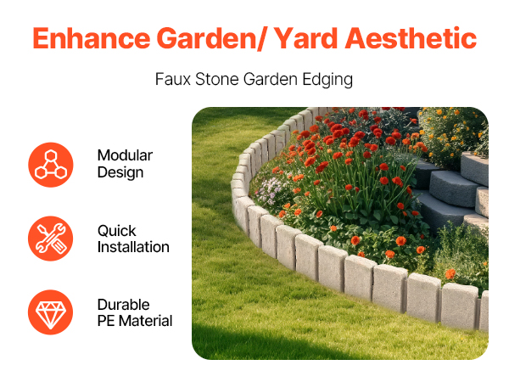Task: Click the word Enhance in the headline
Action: (x=92, y=38)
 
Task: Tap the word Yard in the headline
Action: (x=305, y=38)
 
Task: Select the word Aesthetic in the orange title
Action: (x=411, y=38)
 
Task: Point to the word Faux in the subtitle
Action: (x=173, y=79)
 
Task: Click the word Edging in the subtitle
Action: (x=327, y=80)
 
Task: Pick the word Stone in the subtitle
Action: (x=217, y=79)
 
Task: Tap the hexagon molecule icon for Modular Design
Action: (x=51, y=165)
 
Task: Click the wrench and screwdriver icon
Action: (x=51, y=239)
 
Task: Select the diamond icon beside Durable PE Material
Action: (x=51, y=312)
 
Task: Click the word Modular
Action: (x=125, y=155)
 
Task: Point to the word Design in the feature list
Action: (x=120, y=173)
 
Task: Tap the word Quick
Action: (x=117, y=231)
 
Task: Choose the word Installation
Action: (x=133, y=247)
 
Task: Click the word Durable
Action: (x=124, y=305)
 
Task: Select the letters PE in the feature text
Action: (x=106, y=321)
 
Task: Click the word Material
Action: (x=145, y=321)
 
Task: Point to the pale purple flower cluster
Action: (x=270, y=191)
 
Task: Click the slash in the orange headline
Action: (x=264, y=38)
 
